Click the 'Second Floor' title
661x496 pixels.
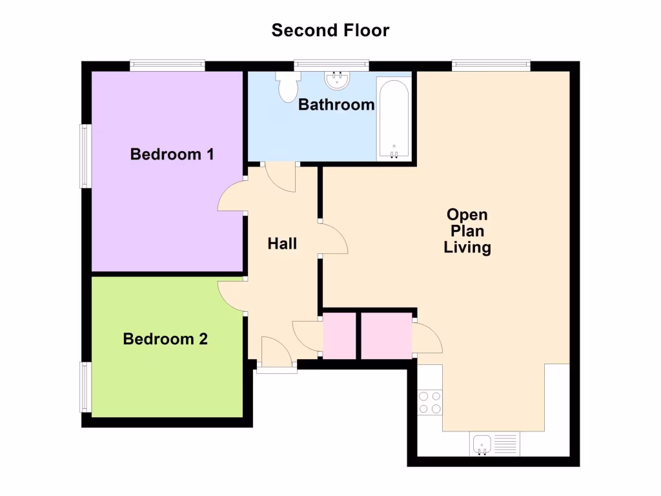[330, 30]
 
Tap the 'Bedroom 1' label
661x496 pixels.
[172, 154]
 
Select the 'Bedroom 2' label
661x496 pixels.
[165, 338]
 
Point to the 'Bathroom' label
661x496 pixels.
[336, 105]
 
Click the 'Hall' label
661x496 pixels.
[283, 243]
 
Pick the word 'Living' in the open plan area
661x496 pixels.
[467, 247]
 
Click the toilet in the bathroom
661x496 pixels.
[287, 86]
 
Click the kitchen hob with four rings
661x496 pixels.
[430, 402]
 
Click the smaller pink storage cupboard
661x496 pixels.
[340, 335]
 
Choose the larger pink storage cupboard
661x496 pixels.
[386, 335]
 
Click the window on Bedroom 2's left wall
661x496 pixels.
[85, 387]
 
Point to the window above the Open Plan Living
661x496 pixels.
[491, 64]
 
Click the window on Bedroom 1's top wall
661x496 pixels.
[167, 64]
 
